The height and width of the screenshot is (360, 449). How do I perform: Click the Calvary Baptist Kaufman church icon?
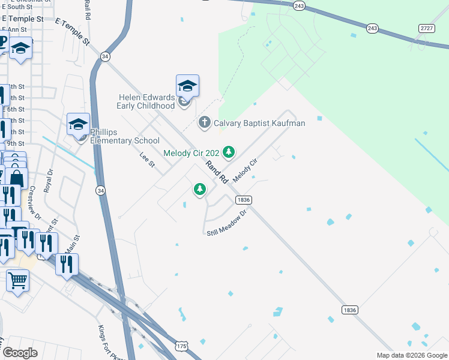[205, 123]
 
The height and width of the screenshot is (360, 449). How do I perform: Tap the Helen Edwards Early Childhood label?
[147, 101]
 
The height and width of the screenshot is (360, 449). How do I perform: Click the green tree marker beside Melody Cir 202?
[228, 152]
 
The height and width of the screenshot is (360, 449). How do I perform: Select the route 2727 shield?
[426, 28]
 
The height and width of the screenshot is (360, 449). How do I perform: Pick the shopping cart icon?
[18, 280]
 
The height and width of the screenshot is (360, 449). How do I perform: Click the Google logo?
[20, 353]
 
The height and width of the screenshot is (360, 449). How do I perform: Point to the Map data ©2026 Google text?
[412, 355]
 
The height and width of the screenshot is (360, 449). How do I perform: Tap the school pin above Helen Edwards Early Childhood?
[187, 86]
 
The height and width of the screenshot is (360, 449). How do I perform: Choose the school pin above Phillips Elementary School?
[78, 124]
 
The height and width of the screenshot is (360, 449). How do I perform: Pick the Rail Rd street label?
[88, 10]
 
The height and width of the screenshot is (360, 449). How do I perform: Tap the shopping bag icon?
[17, 178]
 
